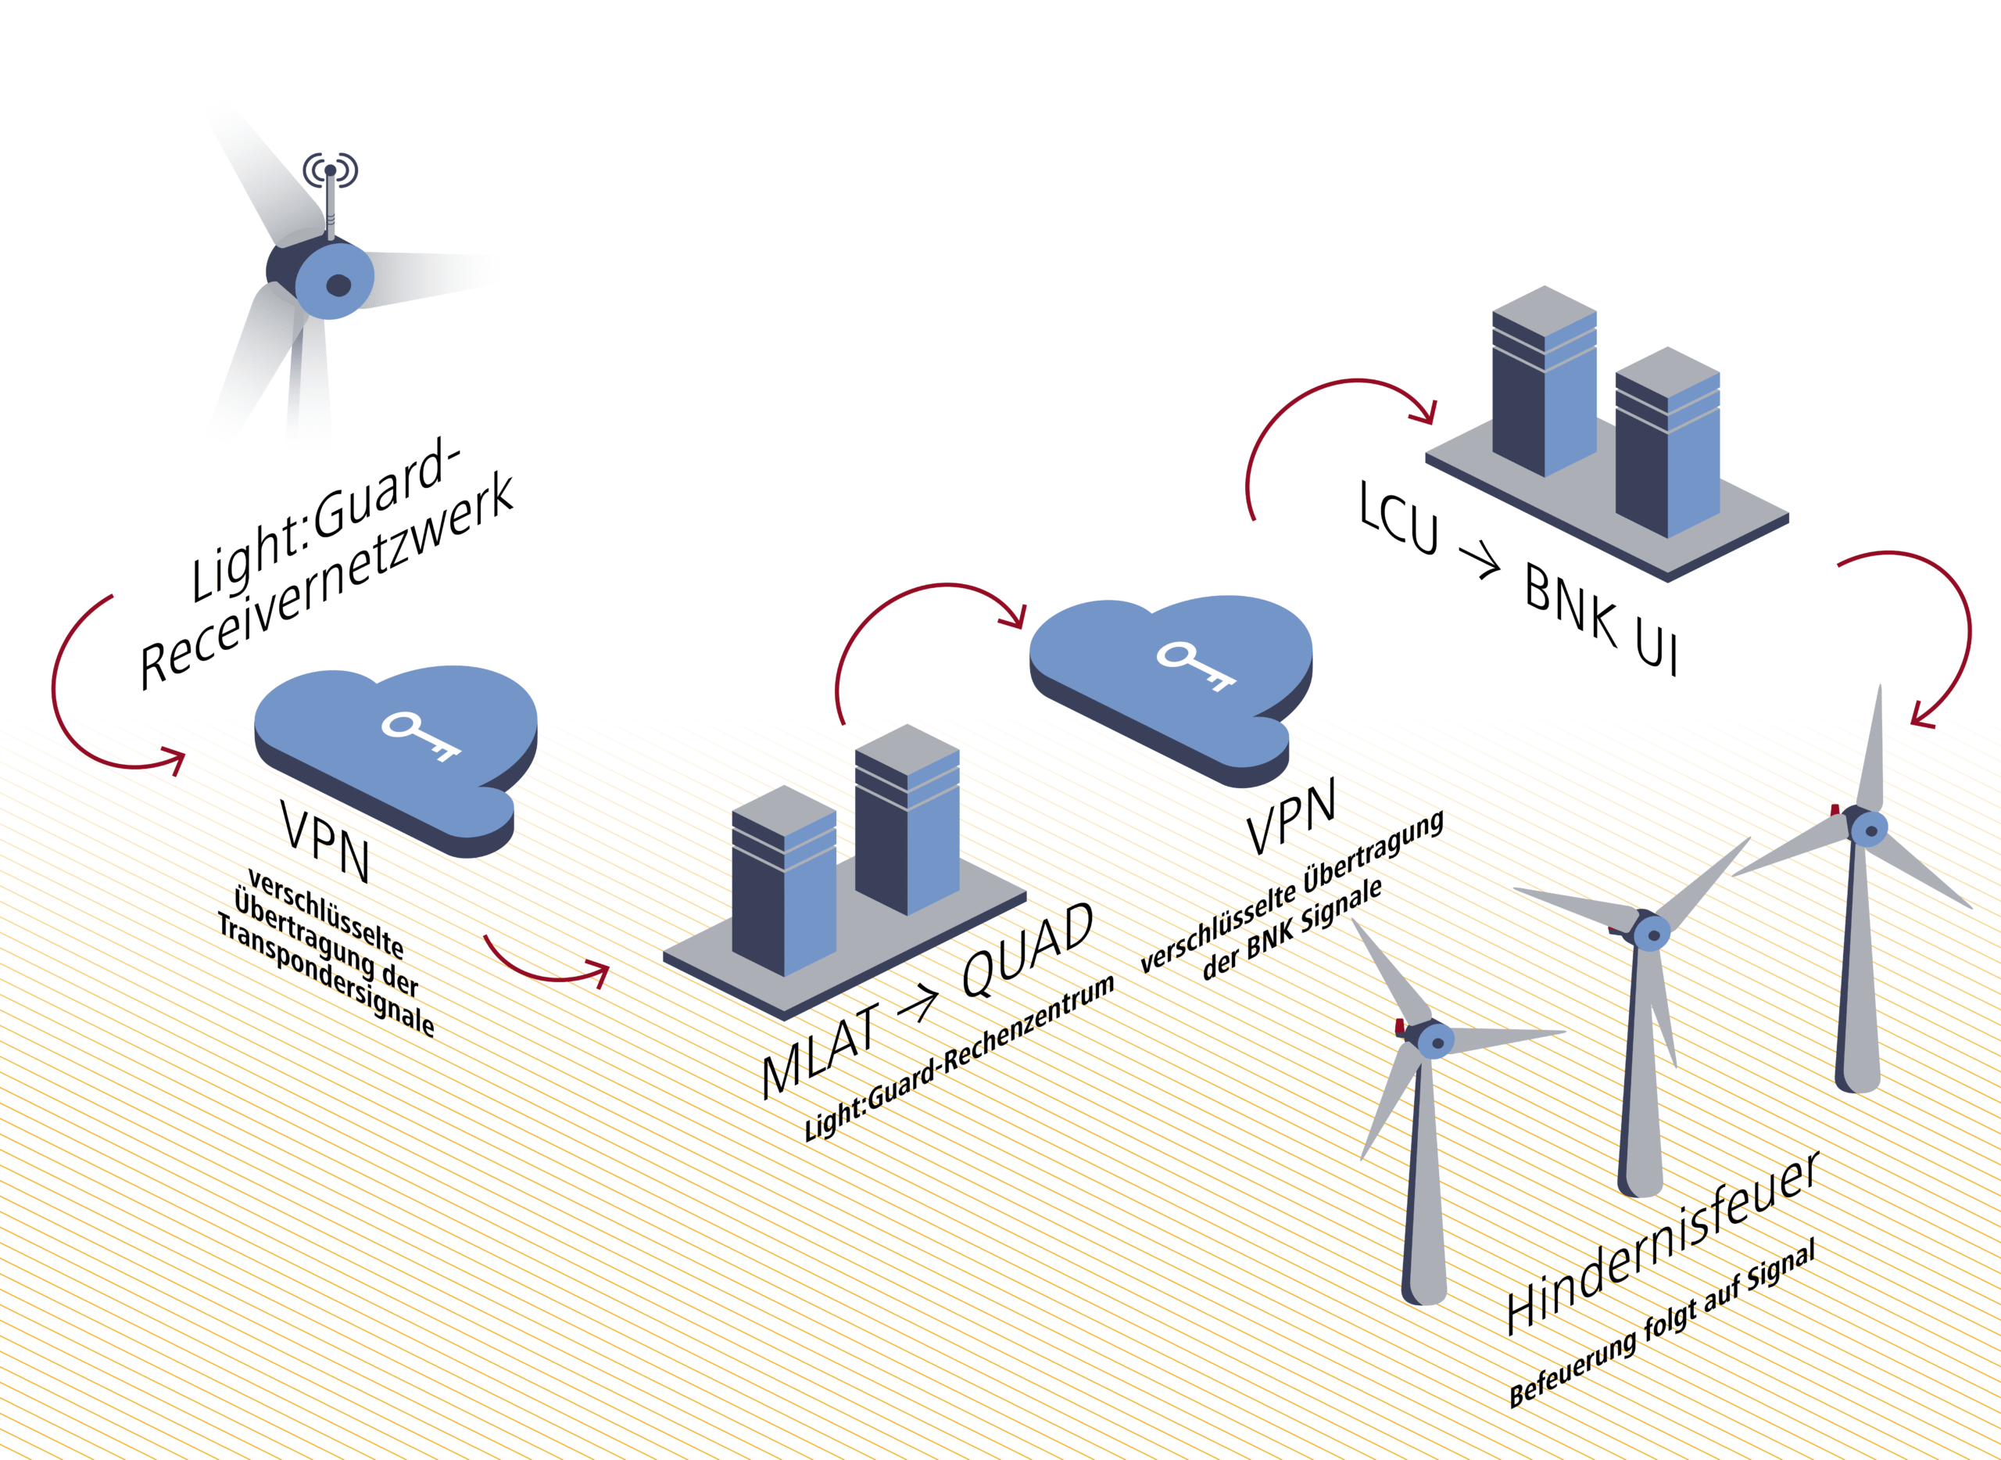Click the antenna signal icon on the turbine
[331, 169]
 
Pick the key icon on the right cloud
[1196, 665]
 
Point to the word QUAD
[1027, 949]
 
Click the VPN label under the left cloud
[324, 842]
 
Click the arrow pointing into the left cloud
[172, 759]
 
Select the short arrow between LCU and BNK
[1479, 561]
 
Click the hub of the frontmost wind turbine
[1436, 1043]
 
